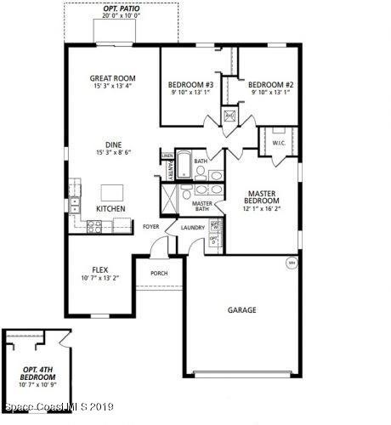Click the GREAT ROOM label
(x=113, y=78)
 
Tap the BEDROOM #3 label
(x=190, y=84)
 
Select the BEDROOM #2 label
(x=270, y=84)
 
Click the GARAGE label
(x=241, y=310)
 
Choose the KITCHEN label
(x=110, y=208)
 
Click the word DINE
(x=113, y=144)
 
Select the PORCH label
(x=158, y=273)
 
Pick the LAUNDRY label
(x=191, y=227)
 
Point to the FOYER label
(x=150, y=227)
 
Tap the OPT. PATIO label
(x=122, y=7)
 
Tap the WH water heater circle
(x=290, y=262)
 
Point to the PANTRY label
(x=170, y=171)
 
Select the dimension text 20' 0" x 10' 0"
(x=122, y=15)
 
